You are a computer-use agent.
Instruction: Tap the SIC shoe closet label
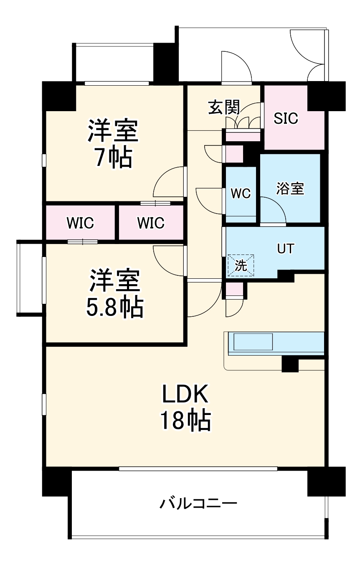tap(286, 118)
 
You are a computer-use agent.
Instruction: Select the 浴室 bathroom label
tap(290, 188)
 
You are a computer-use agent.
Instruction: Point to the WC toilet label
tap(241, 193)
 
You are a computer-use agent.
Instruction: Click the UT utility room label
tap(286, 249)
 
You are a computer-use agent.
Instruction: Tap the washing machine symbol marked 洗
tap(241, 265)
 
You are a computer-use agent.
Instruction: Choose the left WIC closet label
tap(80, 223)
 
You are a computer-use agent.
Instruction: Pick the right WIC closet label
tap(151, 223)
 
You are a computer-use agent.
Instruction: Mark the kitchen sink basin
tap(253, 342)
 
